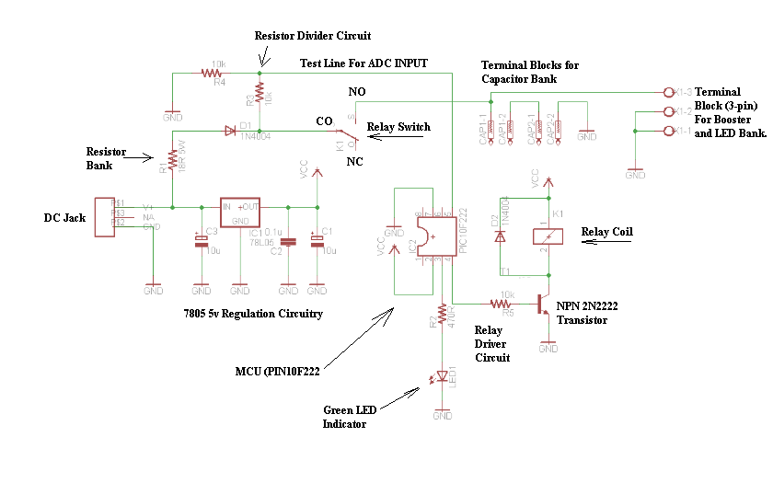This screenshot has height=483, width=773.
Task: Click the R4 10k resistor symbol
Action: click(x=214, y=72)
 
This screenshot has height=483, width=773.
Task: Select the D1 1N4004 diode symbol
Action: click(x=230, y=132)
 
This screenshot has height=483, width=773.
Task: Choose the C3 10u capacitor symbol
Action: click(x=200, y=241)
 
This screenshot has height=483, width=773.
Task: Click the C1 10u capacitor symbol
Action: click(x=317, y=241)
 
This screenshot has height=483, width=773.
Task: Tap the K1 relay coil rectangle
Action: click(x=548, y=235)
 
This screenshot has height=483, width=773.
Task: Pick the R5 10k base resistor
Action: click(x=502, y=302)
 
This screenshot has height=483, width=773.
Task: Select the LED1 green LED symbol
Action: click(x=443, y=377)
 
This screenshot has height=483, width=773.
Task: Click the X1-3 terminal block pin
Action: click(x=669, y=92)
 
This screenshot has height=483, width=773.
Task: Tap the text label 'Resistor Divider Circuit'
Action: click(x=313, y=36)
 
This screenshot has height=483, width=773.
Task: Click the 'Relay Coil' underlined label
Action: click(x=607, y=232)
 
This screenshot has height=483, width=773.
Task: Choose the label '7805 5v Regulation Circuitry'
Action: click(x=253, y=315)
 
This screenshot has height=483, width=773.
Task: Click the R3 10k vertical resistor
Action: click(x=260, y=93)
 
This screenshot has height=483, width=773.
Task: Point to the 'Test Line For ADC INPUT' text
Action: click(x=363, y=63)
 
